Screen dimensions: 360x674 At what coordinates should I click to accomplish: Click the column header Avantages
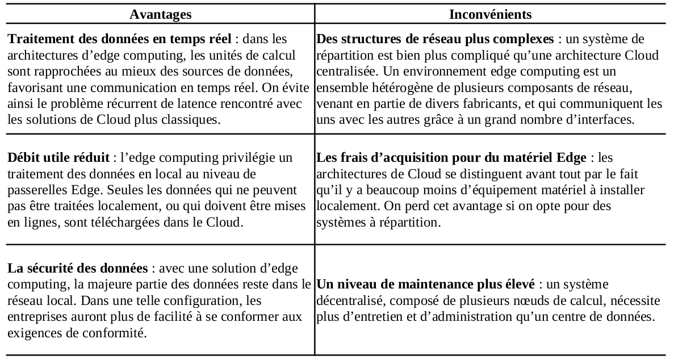[x=161, y=14]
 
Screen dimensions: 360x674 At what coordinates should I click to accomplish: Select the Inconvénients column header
[x=490, y=14]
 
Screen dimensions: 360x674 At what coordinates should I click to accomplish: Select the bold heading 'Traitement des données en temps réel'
[x=120, y=40]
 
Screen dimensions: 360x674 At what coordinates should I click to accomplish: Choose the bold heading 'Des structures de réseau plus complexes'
[x=435, y=40]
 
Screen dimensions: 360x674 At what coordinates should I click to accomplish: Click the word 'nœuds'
[x=488, y=300]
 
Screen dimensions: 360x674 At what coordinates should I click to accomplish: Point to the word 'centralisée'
[x=345, y=72]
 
